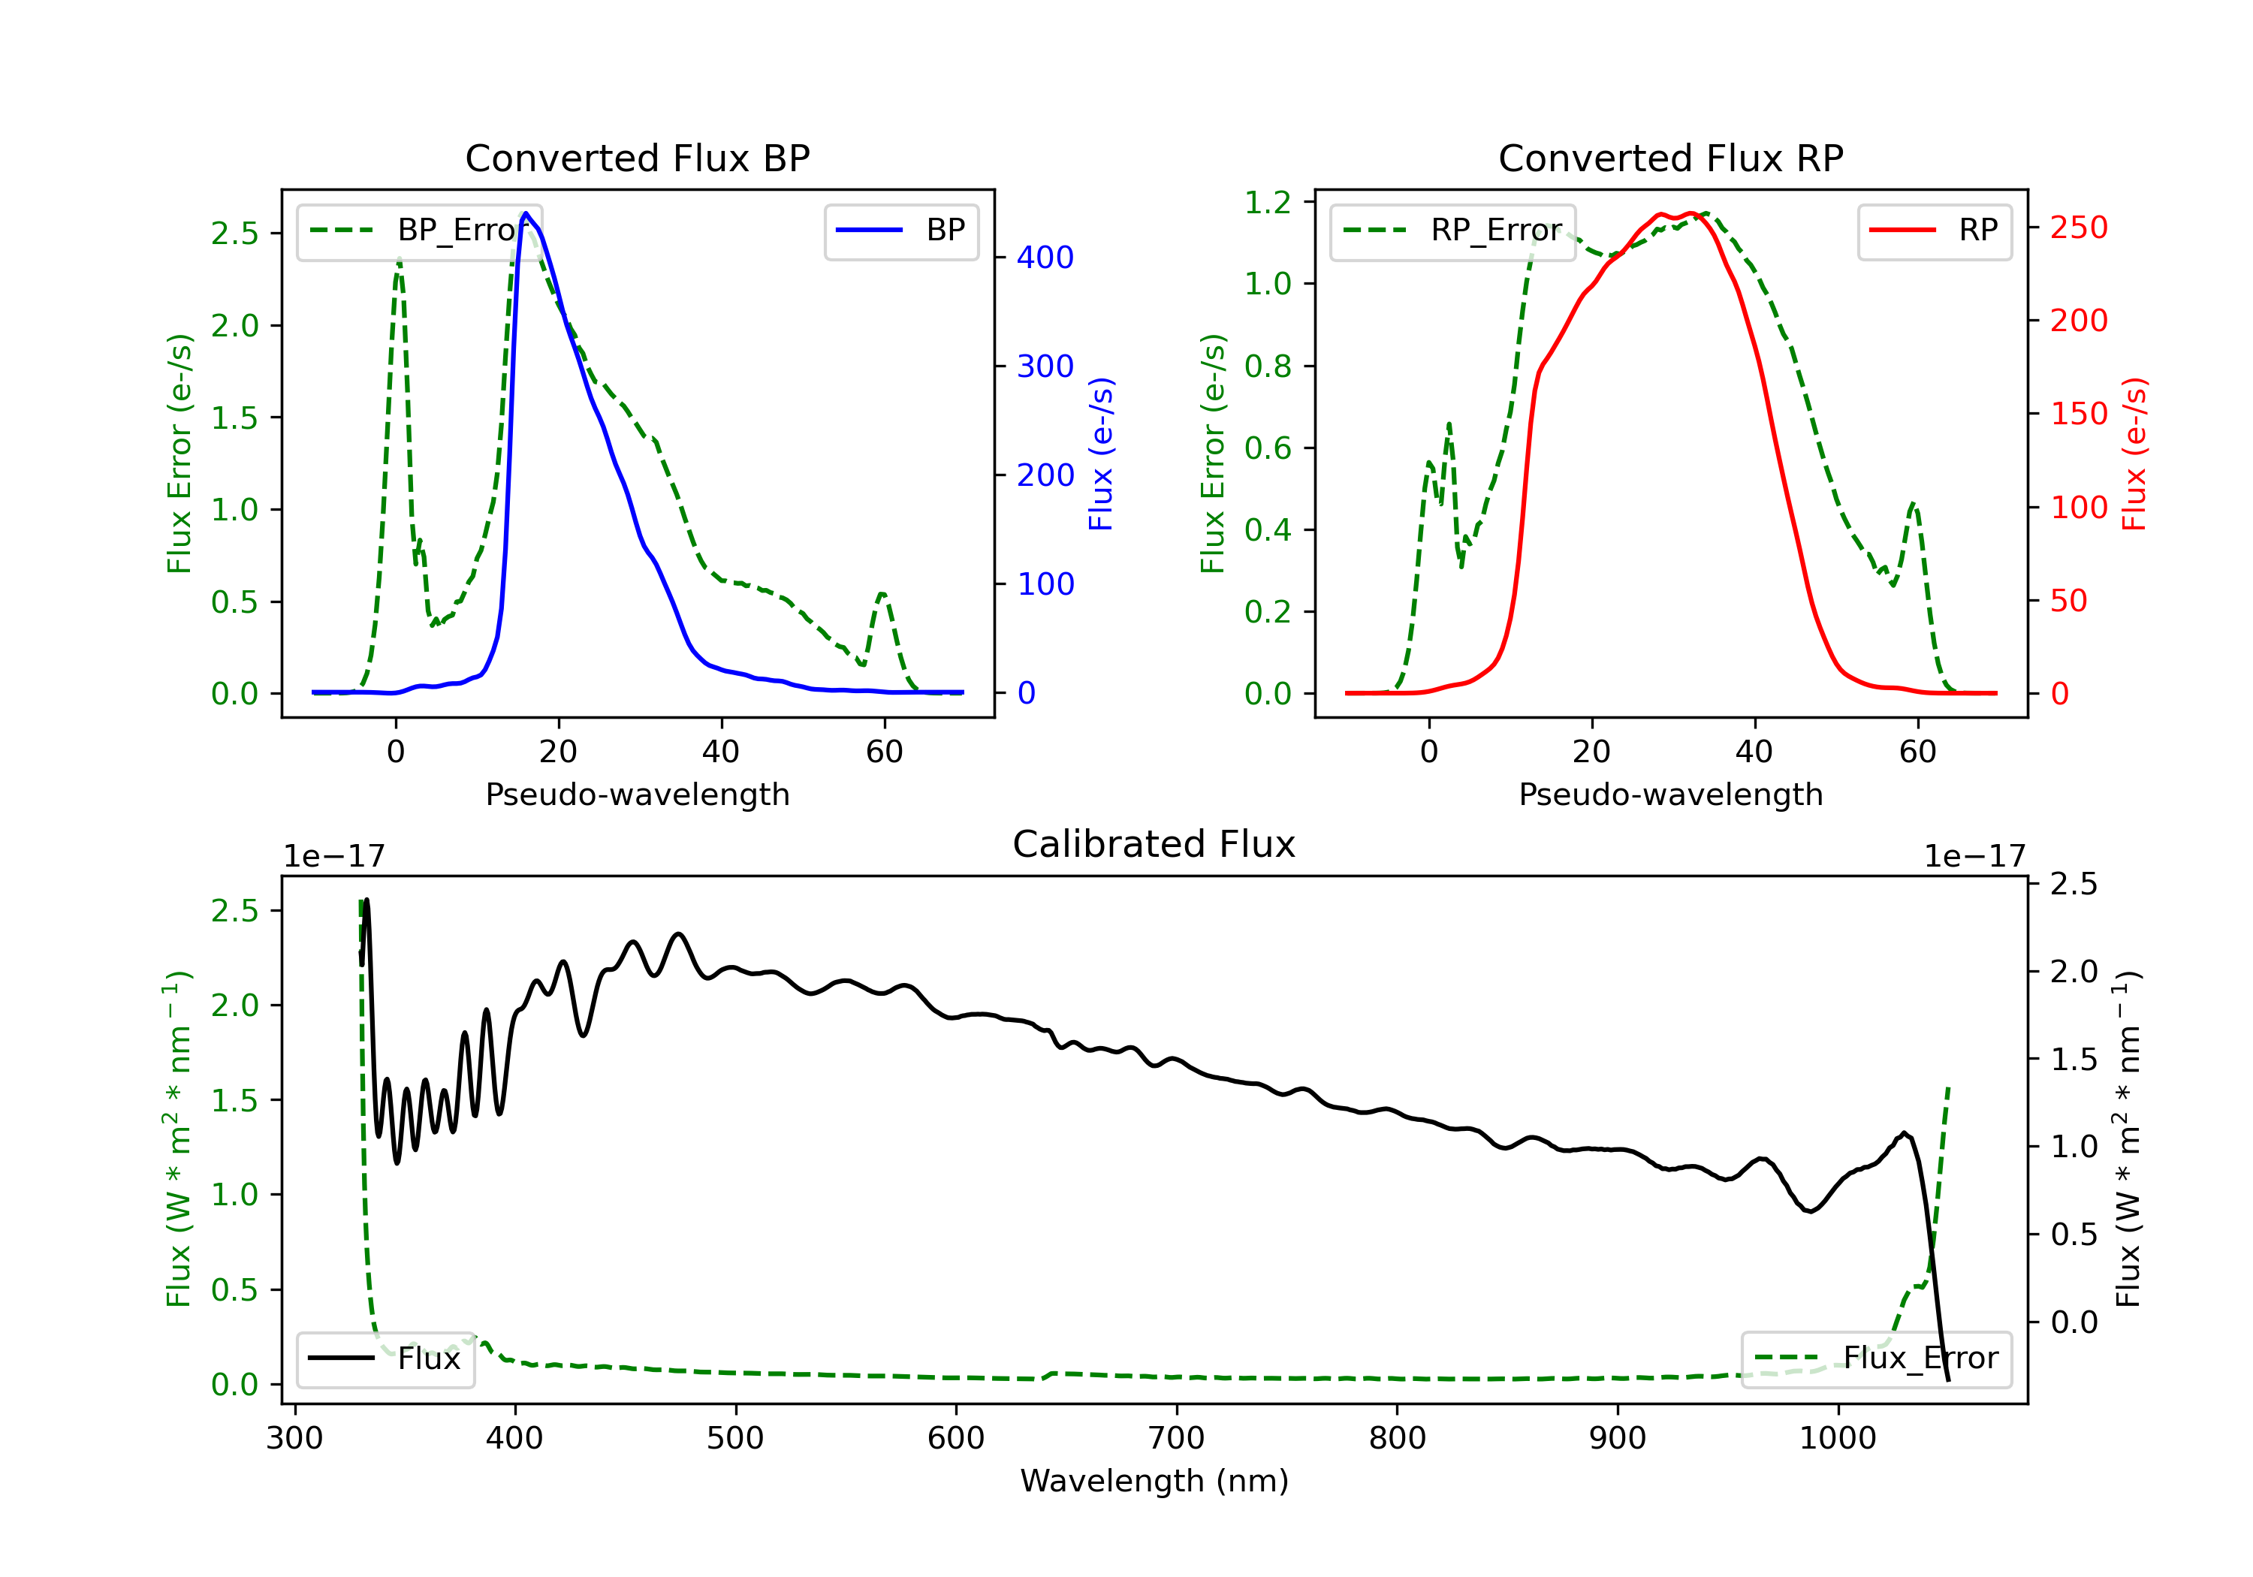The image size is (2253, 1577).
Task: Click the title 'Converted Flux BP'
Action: [638, 158]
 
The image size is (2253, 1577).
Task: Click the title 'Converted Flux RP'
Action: [1671, 158]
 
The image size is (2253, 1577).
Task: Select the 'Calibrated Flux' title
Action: [1154, 844]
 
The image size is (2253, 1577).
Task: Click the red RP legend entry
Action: [1934, 231]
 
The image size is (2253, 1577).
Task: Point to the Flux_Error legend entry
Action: [1876, 1359]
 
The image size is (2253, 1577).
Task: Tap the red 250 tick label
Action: [2078, 228]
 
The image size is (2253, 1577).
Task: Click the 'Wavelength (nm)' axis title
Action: [1154, 1481]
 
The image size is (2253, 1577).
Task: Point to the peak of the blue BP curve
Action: [526, 213]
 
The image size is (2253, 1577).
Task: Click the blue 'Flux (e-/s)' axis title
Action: [1101, 454]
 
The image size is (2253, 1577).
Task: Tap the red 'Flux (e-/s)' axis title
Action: [2134, 454]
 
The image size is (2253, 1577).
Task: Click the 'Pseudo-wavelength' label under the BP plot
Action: [638, 794]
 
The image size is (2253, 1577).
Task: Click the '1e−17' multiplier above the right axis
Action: [1974, 857]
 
